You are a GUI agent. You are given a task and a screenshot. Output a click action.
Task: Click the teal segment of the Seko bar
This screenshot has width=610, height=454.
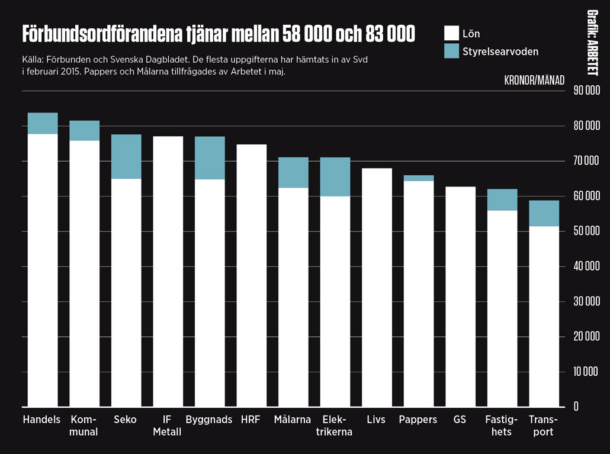(x=127, y=157)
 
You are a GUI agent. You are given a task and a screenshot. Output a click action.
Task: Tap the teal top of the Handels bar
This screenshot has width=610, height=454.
(x=43, y=123)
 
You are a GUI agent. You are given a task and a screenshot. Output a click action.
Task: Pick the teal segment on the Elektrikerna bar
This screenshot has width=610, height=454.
(x=335, y=176)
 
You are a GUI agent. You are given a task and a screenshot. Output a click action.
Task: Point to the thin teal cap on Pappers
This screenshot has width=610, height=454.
(x=419, y=178)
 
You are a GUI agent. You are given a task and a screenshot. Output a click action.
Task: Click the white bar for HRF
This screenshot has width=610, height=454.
(x=252, y=275)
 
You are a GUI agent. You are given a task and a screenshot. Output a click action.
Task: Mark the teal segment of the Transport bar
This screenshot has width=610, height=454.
(x=544, y=213)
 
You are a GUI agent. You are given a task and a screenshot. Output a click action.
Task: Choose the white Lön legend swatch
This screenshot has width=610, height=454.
(x=451, y=33)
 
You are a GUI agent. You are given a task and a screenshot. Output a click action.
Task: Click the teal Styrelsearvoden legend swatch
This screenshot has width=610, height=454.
(x=451, y=51)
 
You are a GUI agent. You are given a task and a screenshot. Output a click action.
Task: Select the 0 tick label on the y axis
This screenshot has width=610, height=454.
(x=576, y=407)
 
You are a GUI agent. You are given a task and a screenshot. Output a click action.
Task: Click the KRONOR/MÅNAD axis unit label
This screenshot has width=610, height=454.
(x=535, y=79)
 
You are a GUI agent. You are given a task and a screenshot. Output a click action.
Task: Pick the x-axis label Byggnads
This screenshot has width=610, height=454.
(x=209, y=420)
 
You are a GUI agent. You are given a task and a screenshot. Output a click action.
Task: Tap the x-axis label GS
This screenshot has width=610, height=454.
(x=460, y=420)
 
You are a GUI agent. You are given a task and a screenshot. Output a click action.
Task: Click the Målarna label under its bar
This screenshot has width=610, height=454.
(x=293, y=420)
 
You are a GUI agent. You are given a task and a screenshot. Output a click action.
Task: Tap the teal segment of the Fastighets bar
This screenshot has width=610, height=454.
(x=502, y=199)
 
